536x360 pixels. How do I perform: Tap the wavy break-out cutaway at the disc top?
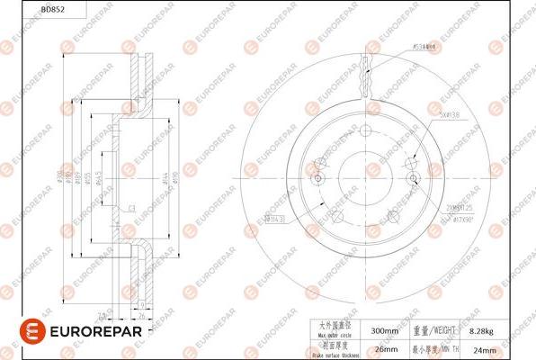click(368, 76)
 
